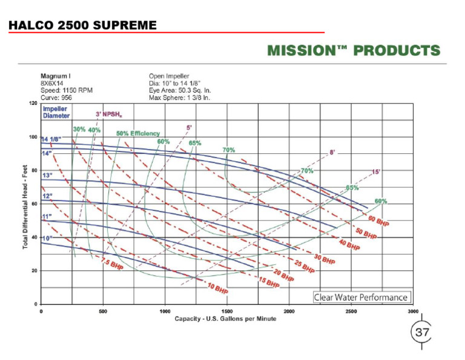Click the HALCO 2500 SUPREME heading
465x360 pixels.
tap(83, 25)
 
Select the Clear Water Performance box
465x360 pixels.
tap(361, 297)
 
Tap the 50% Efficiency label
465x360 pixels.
tap(138, 133)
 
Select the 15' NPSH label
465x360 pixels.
tap(375, 172)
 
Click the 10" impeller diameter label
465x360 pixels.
tap(47, 238)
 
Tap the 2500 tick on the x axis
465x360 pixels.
tap(351, 311)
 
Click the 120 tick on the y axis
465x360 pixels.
tap(33, 103)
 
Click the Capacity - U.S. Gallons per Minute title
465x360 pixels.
tap(225, 319)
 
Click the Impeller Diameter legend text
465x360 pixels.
tap(56, 112)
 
